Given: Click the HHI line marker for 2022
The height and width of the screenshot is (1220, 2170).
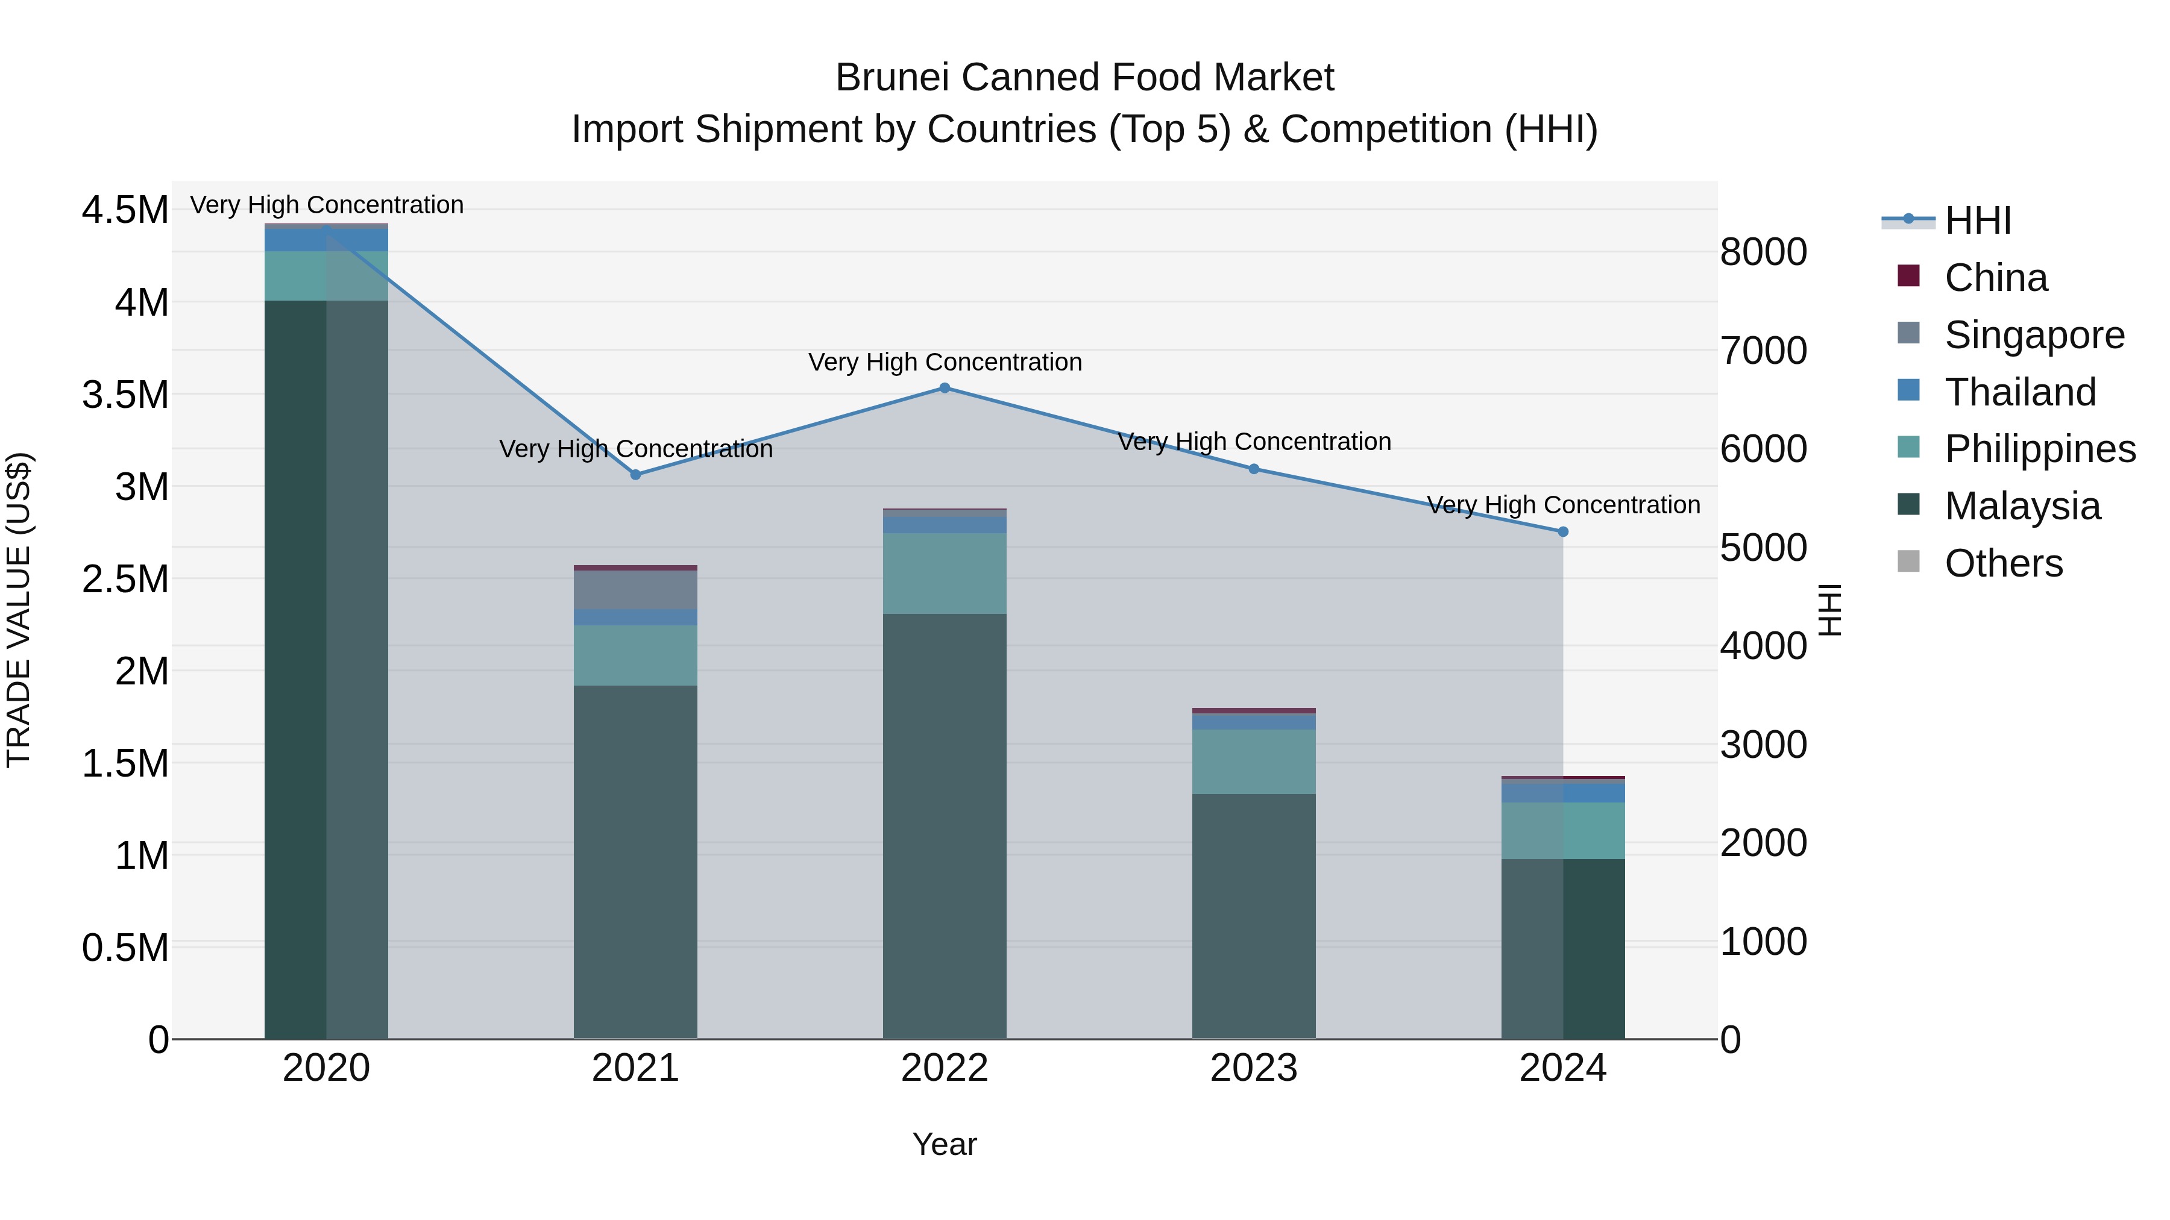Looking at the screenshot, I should pos(945,388).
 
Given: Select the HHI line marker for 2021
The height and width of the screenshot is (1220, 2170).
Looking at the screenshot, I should pos(636,475).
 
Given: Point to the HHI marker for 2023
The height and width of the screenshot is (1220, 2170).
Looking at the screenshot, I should pos(1254,469).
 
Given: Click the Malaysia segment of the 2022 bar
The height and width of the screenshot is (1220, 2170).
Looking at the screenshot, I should pos(945,825).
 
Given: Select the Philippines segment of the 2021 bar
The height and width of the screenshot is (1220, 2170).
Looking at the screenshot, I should pos(635,655).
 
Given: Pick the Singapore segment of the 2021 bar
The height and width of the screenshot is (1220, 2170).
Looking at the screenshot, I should pos(635,589).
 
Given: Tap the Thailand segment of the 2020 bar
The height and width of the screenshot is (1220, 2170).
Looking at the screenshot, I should pos(326,240).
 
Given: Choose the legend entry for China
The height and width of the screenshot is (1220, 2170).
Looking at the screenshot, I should pos(1995,278).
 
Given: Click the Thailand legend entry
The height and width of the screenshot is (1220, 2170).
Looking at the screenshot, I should pos(2019,392).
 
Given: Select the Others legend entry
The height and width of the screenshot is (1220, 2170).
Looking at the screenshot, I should pos(2002,563).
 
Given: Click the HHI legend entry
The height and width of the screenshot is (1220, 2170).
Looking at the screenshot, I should pos(1977,221).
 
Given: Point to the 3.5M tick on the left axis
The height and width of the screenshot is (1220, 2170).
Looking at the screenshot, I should pos(125,394).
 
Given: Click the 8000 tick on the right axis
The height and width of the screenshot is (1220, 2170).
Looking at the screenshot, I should pos(1763,252).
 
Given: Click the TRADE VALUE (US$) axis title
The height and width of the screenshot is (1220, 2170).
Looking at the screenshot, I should pos(19,610).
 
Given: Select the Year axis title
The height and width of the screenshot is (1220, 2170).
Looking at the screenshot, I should pos(945,1144).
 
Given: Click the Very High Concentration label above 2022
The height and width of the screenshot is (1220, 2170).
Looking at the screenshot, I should pos(945,362).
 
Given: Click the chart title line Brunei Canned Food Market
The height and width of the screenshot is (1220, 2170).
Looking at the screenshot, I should pos(1084,78).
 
